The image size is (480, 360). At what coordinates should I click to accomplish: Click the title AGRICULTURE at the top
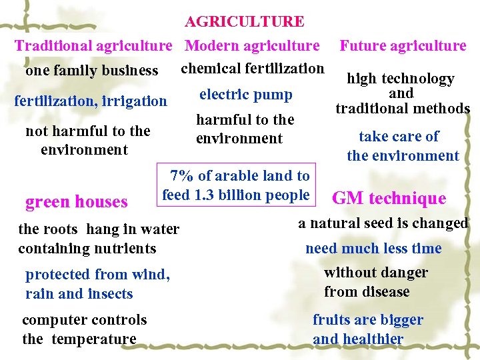[244, 22]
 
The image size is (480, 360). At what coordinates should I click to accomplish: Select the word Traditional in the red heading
[53, 46]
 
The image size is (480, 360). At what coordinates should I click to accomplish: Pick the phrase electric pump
[245, 95]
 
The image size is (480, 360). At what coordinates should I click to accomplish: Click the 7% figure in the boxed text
[182, 176]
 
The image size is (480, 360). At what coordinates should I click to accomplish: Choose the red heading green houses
[76, 202]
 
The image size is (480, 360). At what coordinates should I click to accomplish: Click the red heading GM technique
[389, 198]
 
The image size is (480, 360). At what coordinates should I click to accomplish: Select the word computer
[51, 320]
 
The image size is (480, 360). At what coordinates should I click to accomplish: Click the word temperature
[93, 339]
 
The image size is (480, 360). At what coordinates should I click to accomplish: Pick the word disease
[385, 292]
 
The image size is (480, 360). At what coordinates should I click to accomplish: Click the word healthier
[371, 339]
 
